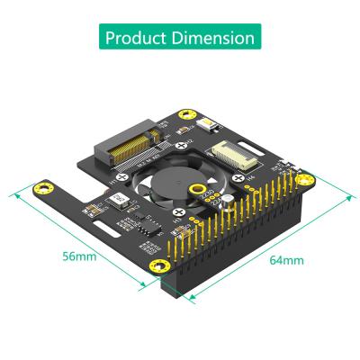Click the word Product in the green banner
pos(136,39)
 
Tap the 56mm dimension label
pos(79,256)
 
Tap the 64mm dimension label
pos(286,261)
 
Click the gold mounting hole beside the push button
pos(187,115)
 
